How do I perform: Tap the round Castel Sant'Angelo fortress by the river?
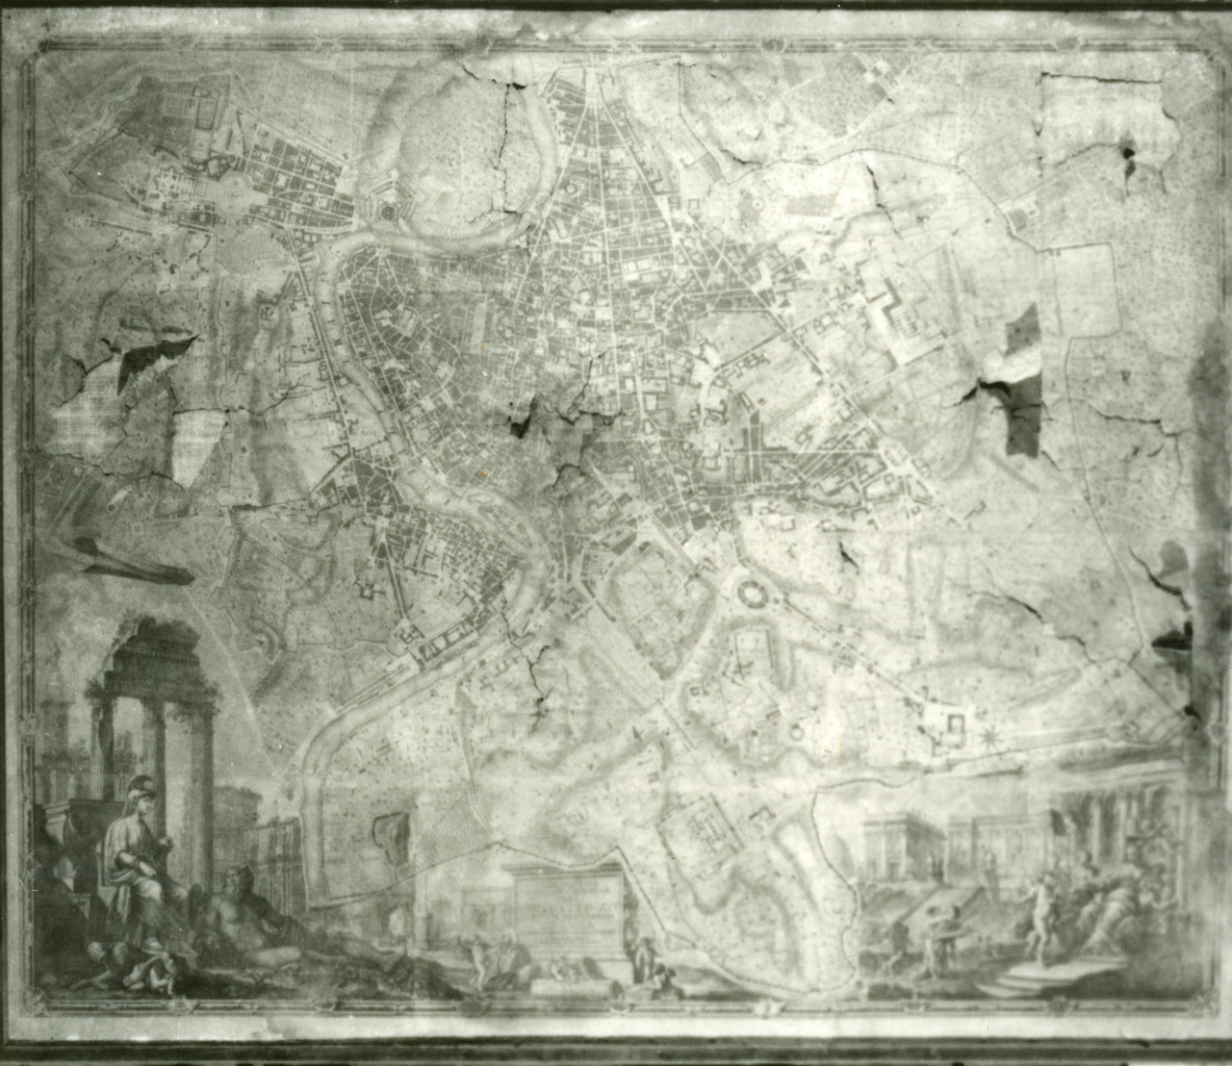click(389, 211)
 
